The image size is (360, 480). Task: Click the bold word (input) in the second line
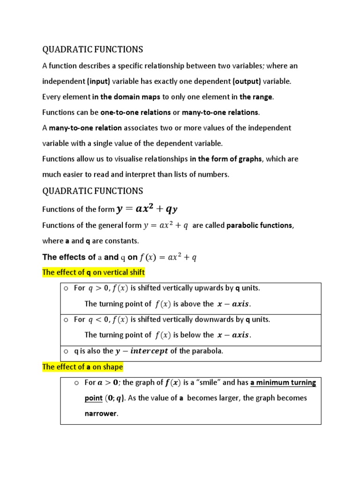[98, 82]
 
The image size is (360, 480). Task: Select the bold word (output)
[247, 82]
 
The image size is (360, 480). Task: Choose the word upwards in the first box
[217, 288]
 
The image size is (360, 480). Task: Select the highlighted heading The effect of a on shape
[82, 367]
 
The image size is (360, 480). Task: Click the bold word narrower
[100, 414]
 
